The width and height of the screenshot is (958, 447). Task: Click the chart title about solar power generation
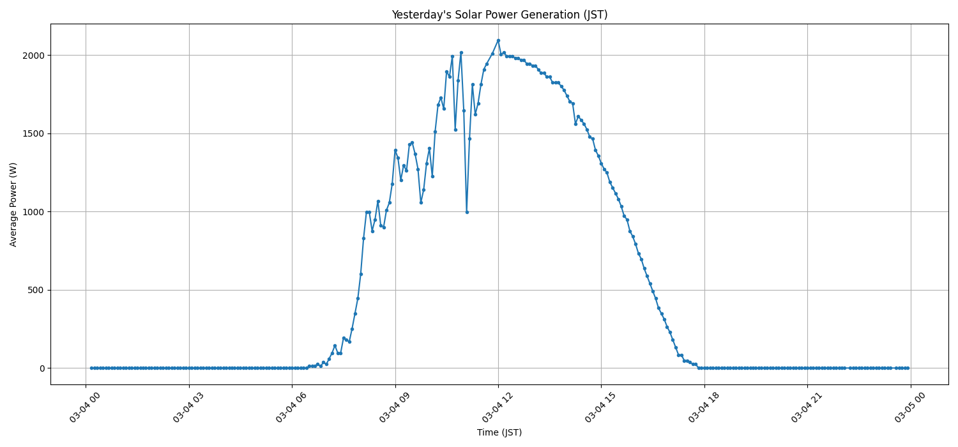click(499, 15)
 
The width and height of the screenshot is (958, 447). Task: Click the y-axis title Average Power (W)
click(13, 204)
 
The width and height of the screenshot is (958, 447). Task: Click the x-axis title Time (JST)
click(499, 432)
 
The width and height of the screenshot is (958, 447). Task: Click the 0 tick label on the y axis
click(42, 368)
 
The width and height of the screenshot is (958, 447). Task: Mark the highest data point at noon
click(498, 40)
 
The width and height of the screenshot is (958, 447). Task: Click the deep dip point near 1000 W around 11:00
click(467, 212)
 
